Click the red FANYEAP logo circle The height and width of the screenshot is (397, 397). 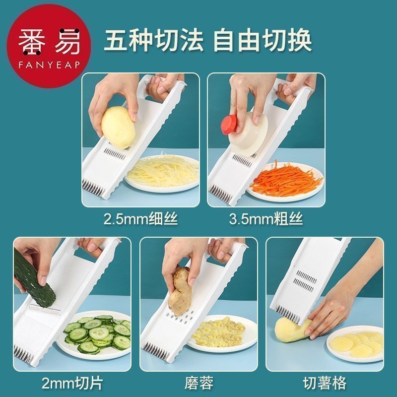[x=49, y=46]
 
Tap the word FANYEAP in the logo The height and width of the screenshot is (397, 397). [x=49, y=65]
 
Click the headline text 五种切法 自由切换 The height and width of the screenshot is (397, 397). [x=207, y=41]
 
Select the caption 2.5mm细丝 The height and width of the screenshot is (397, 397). [x=141, y=219]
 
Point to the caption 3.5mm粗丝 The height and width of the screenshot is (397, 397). [x=266, y=219]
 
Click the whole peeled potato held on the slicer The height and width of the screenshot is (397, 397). [x=118, y=128]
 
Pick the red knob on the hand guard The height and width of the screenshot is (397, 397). [x=228, y=124]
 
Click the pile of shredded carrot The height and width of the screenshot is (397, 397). [x=286, y=178]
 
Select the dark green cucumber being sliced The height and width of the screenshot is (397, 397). [x=34, y=278]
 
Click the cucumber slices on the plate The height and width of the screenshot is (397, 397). [x=97, y=333]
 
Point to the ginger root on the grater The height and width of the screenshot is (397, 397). [x=180, y=291]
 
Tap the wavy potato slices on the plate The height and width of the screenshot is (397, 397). [x=357, y=343]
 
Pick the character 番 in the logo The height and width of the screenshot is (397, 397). [x=32, y=42]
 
